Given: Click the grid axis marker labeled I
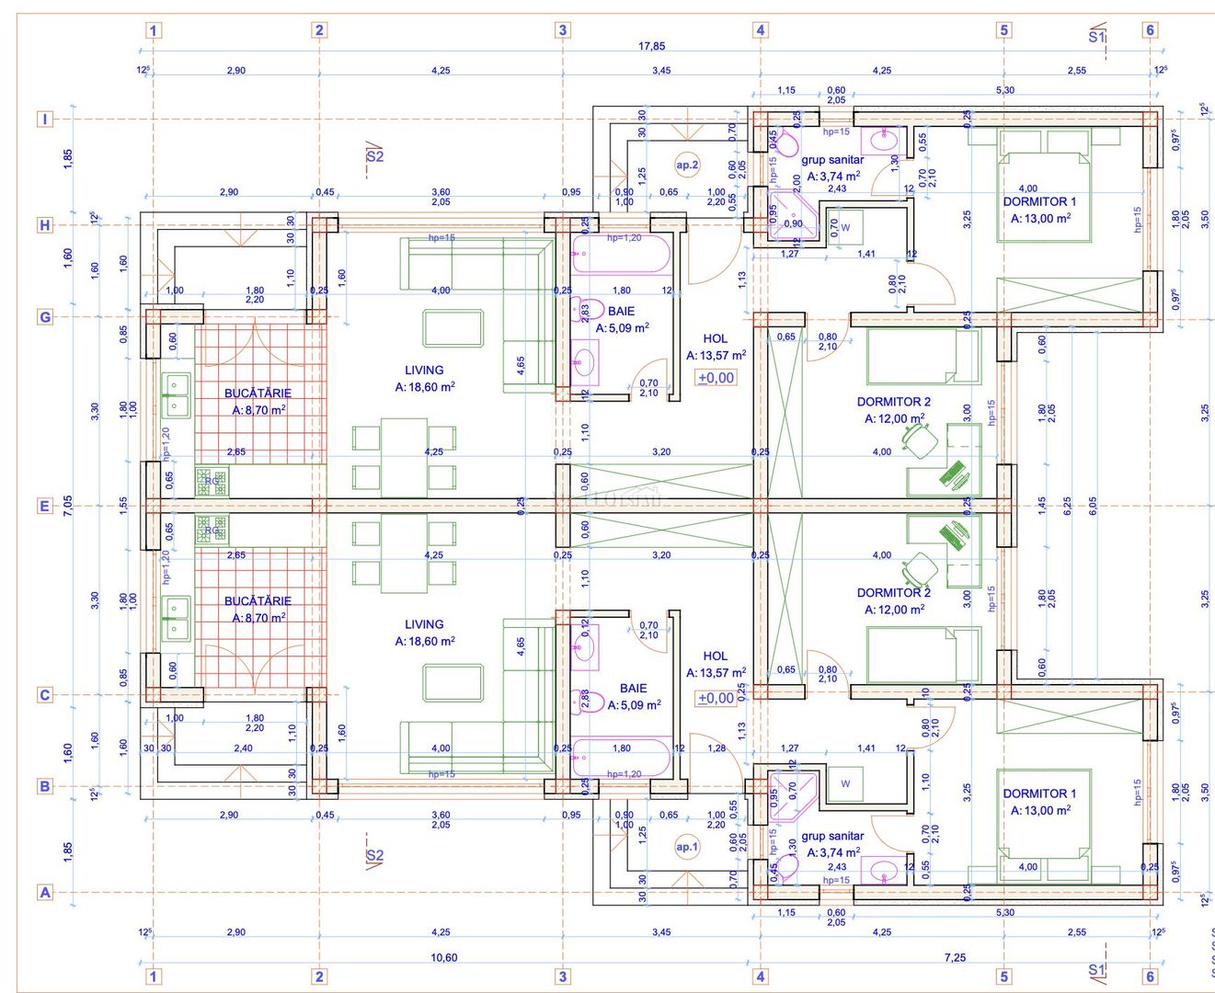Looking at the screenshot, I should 44,119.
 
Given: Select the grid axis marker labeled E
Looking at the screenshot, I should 44,506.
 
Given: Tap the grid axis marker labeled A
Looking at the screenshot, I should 44,892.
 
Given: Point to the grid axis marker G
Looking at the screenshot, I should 44,317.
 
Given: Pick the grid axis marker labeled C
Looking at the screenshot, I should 44,695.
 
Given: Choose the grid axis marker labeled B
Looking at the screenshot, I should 44,786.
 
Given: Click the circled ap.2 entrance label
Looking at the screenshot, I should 687,165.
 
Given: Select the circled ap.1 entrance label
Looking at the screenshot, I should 687,847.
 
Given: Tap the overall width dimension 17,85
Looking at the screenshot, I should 651,46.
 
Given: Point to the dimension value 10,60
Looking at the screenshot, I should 443,958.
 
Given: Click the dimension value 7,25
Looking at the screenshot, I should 955,958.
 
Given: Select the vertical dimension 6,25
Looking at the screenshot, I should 1067,505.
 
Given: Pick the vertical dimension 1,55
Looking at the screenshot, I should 124,505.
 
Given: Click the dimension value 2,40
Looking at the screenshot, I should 243,748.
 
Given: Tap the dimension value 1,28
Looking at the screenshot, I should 716,748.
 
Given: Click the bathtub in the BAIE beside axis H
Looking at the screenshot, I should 621,256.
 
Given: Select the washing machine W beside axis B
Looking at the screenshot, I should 845,783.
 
